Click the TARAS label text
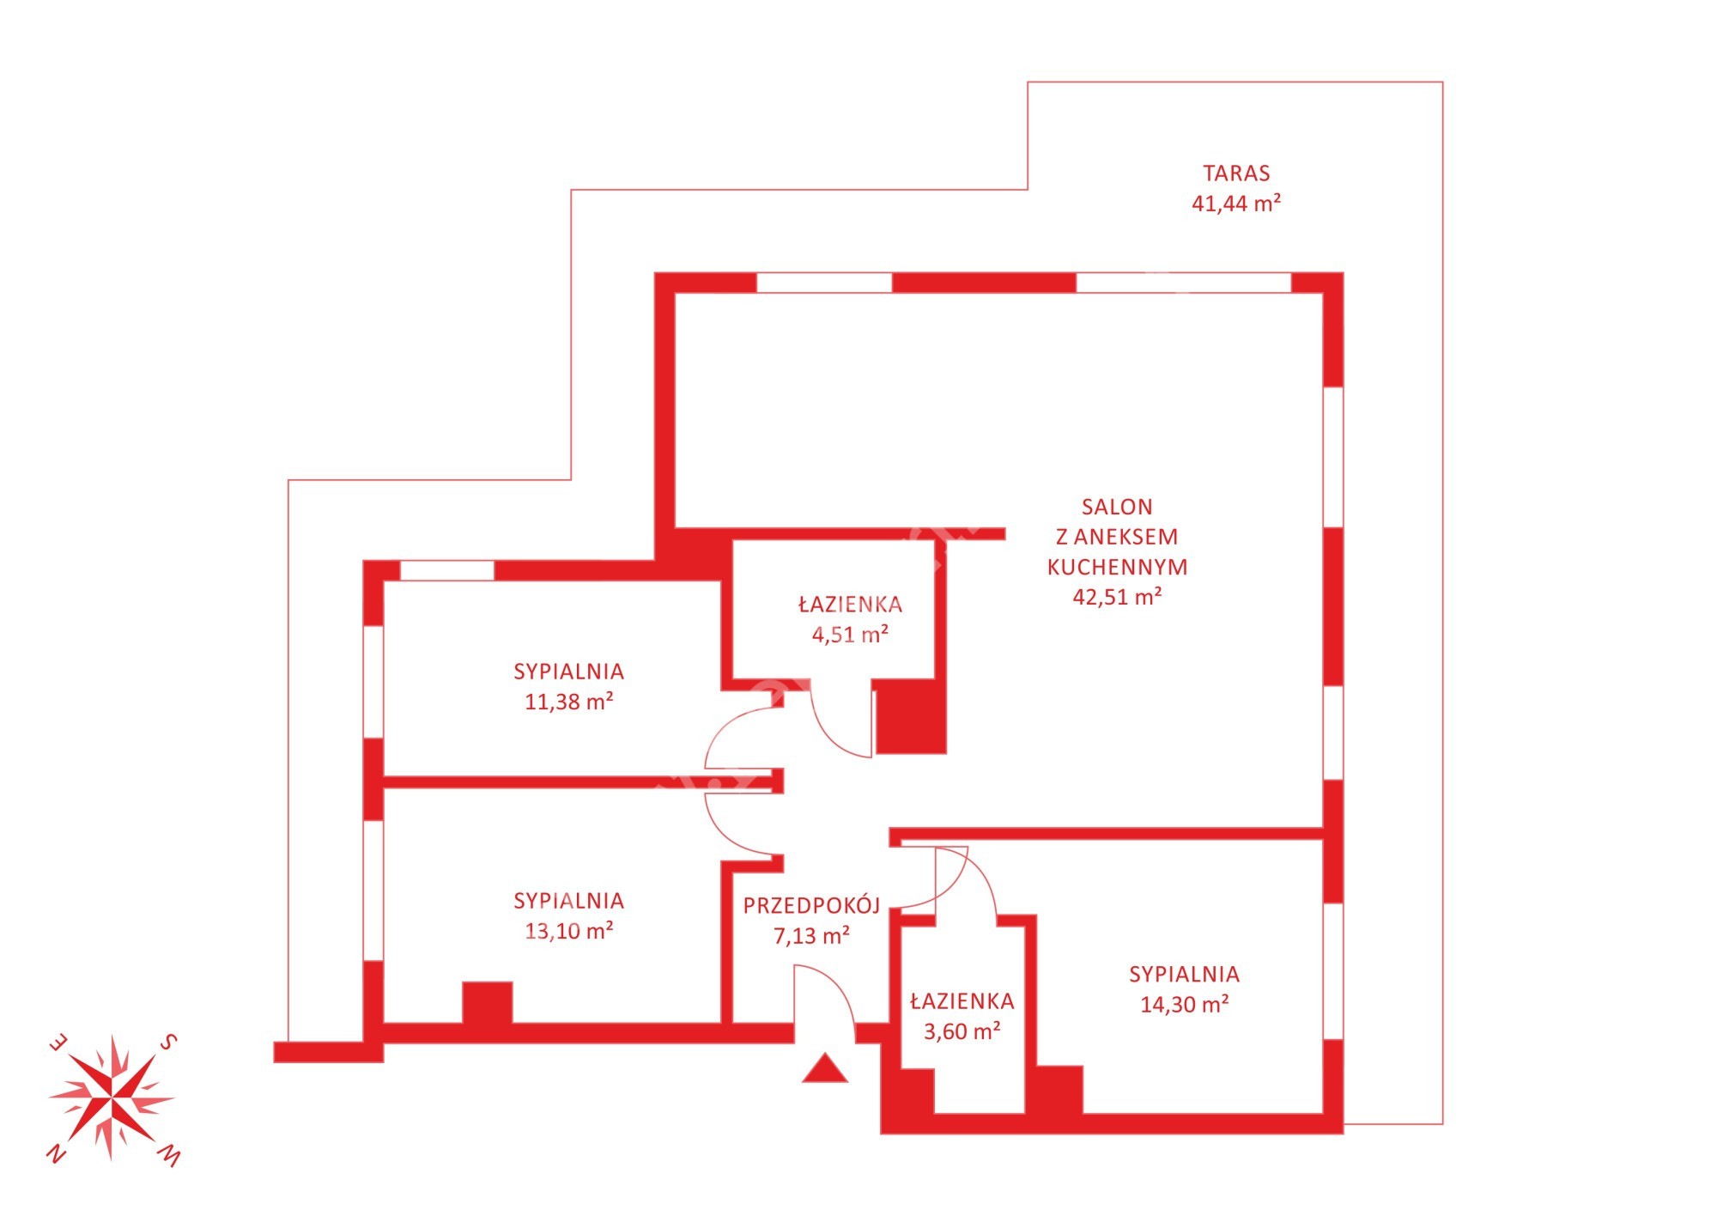[1236, 173]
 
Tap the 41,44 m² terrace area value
[1236, 204]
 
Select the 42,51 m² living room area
[1117, 596]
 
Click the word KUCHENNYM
[1117, 567]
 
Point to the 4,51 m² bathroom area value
[850, 635]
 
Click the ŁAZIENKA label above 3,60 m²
[962, 1000]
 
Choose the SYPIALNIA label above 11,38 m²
[568, 672]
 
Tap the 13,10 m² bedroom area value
[568, 931]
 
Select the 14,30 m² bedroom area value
[1184, 1004]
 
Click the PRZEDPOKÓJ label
[811, 904]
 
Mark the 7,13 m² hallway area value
[811, 935]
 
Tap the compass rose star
[112, 1098]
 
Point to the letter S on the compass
[169, 1043]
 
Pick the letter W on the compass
[170, 1156]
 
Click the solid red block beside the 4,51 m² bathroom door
[911, 717]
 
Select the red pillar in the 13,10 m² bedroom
[488, 1003]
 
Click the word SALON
[1117, 507]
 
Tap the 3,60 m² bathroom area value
[962, 1031]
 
